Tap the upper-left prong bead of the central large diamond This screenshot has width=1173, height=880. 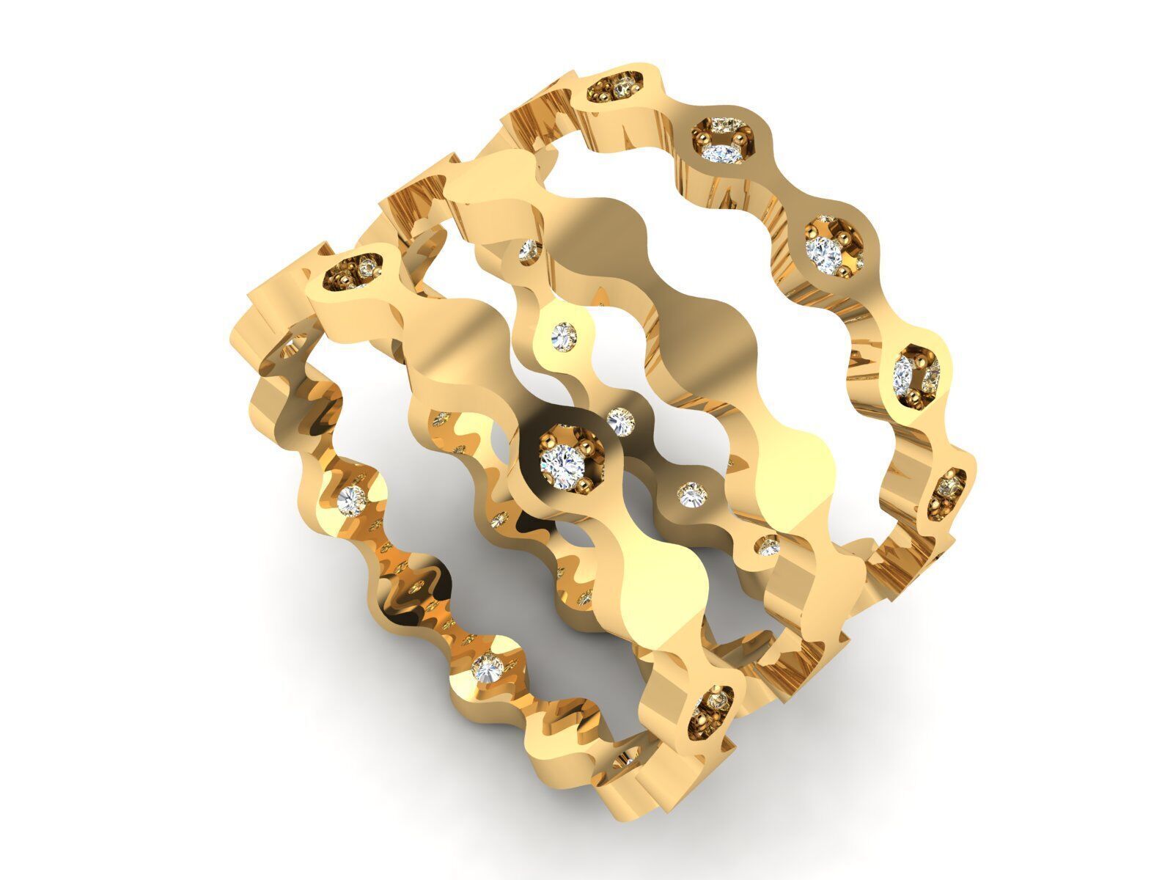pos(546,440)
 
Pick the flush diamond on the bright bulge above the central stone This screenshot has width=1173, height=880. pos(565,337)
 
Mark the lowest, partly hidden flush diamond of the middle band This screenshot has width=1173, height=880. pos(768,545)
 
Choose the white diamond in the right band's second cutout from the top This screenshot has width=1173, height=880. pos(718,153)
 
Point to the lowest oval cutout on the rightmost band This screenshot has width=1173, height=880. pos(952,493)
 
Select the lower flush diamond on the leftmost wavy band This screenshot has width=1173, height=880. pos(487,667)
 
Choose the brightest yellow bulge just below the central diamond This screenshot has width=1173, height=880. pos(663,579)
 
